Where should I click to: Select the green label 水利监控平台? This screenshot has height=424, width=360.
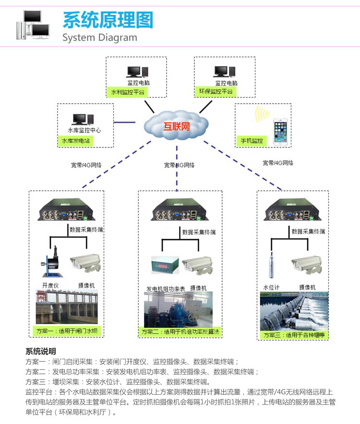click(127, 92)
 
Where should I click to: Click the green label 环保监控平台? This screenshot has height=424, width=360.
click(215, 91)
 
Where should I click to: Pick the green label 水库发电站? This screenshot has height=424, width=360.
click(75, 141)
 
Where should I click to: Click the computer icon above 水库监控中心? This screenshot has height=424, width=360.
click(80, 120)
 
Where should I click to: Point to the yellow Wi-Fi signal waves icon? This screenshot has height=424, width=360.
click(262, 115)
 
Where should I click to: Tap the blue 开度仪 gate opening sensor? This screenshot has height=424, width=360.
click(53, 265)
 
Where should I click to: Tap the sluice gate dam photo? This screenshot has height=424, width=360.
click(66, 307)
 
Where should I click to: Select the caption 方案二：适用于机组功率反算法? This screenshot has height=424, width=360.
click(180, 331)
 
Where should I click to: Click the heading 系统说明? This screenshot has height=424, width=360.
click(40, 351)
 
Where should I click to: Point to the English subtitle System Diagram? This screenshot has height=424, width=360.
click(100, 37)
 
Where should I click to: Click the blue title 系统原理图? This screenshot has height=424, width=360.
click(108, 20)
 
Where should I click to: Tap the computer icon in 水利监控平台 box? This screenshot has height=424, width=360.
click(134, 73)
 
